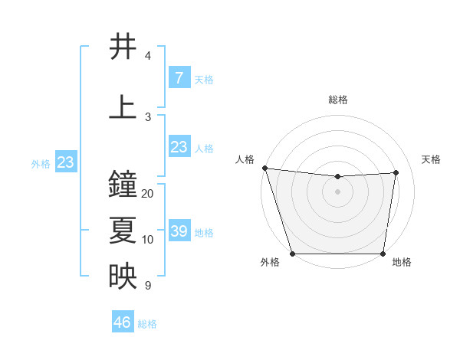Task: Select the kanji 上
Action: (x=123, y=106)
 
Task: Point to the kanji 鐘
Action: (x=123, y=185)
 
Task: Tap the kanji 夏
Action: (x=123, y=231)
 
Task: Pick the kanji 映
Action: (x=123, y=277)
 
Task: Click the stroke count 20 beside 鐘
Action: (x=148, y=194)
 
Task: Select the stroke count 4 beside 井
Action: (x=148, y=56)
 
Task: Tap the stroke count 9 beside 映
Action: (x=148, y=286)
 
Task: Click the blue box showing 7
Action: (x=179, y=77)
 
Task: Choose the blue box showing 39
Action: (x=179, y=231)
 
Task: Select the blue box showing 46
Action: (x=122, y=322)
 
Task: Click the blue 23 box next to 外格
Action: (x=65, y=162)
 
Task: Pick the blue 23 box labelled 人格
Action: (x=179, y=147)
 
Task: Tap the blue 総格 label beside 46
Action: (x=147, y=324)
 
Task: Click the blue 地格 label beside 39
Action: (x=204, y=232)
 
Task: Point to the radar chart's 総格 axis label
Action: (x=338, y=100)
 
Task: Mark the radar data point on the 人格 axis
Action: (x=264, y=168)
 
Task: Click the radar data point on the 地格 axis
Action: (x=383, y=254)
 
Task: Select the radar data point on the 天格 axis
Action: (x=396, y=172)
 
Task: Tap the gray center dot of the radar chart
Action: (x=338, y=191)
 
